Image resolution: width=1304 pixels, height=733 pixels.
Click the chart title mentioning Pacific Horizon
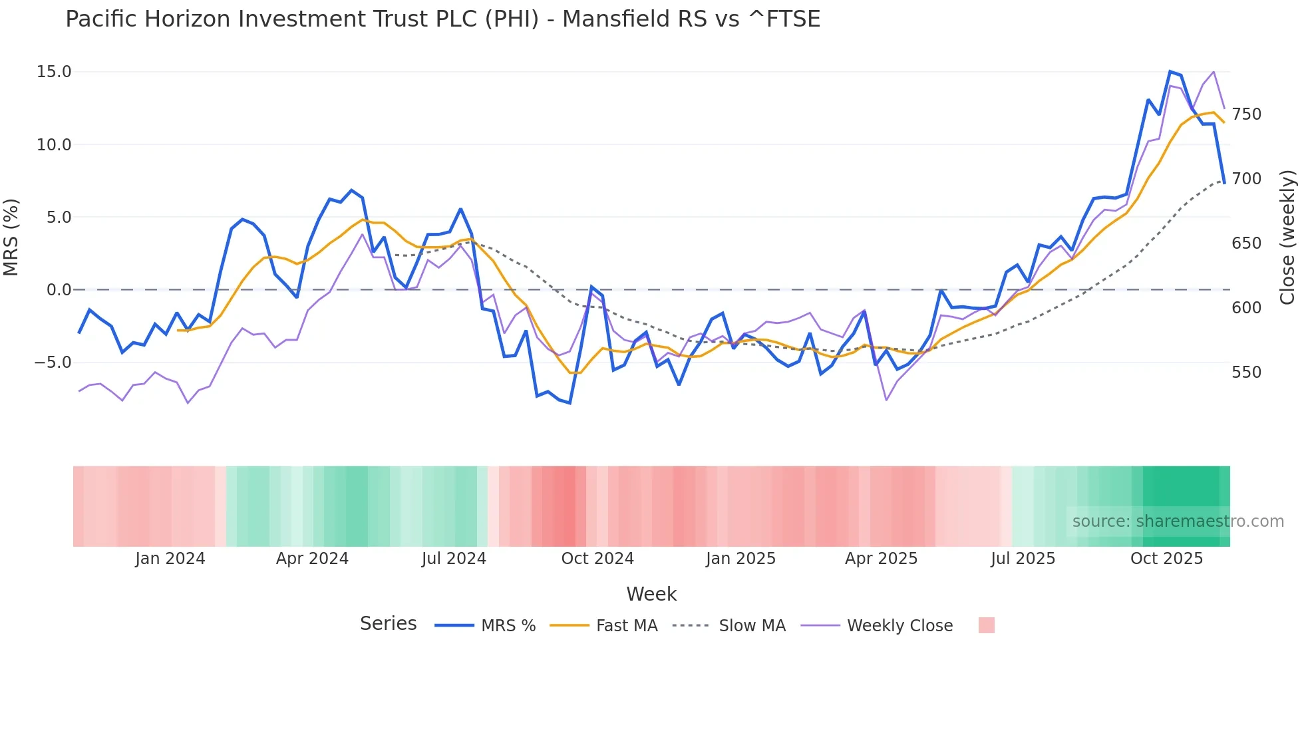442,19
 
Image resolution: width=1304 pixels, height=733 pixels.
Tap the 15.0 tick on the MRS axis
54,72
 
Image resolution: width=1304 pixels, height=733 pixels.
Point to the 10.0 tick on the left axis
54,144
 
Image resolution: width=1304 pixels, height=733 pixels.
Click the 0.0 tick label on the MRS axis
59,290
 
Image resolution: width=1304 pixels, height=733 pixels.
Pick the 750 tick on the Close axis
1246,114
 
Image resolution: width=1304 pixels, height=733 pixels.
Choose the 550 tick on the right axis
1246,372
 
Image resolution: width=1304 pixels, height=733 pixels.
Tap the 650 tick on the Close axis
1246,243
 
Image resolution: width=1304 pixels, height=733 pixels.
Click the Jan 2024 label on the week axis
170,559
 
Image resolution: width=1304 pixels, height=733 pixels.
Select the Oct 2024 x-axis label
597,559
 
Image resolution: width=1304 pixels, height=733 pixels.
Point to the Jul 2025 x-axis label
1023,559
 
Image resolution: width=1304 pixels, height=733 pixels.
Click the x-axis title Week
651,594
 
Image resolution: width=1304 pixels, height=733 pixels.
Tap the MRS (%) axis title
11,237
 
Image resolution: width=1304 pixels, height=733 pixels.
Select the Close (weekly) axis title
1287,237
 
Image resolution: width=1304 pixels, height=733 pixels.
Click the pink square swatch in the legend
987,625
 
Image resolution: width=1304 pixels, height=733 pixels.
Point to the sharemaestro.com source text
1178,521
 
